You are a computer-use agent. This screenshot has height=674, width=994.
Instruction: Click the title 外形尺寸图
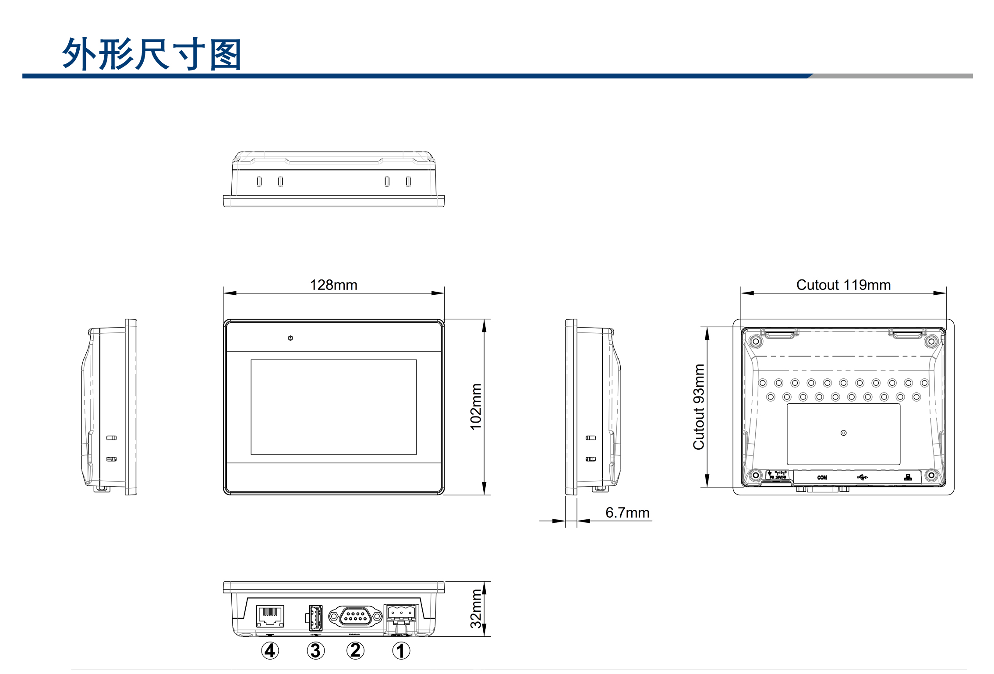click(x=152, y=54)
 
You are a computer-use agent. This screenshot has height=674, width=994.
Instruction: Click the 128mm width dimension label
click(x=333, y=285)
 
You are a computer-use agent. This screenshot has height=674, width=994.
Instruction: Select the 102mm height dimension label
click(x=476, y=407)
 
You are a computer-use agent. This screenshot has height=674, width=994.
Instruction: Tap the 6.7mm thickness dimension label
click(x=627, y=512)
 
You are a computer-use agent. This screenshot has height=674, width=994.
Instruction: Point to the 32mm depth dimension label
click(x=476, y=608)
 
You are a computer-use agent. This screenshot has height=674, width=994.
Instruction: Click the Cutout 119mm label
click(x=843, y=285)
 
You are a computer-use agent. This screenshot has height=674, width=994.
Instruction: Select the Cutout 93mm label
click(x=699, y=407)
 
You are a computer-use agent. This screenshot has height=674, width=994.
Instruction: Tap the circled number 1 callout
click(x=401, y=651)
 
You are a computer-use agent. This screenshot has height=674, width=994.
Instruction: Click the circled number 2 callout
click(x=355, y=650)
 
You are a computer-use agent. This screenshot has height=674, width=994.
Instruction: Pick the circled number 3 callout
click(x=316, y=651)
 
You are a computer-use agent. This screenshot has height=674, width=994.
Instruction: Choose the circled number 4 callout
click(x=270, y=651)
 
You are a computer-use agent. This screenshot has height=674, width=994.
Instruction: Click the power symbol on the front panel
click(x=290, y=338)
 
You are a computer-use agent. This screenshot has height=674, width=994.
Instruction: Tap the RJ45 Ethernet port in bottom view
click(x=270, y=616)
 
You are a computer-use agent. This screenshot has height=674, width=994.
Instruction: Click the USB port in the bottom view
click(x=315, y=618)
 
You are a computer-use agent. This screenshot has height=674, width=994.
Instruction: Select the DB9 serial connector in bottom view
click(x=355, y=616)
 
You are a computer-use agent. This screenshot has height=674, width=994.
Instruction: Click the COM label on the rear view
click(x=822, y=477)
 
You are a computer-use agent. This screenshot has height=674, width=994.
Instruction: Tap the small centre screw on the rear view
click(x=843, y=433)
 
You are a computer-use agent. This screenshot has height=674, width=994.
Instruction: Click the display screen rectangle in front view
click(x=333, y=407)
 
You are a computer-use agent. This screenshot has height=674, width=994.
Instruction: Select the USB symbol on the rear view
click(x=862, y=477)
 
